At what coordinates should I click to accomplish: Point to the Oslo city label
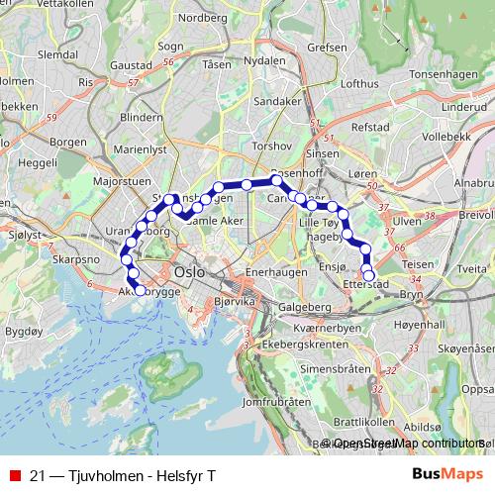188,271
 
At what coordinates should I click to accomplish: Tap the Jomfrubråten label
269,403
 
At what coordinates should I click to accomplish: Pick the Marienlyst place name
141,150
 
